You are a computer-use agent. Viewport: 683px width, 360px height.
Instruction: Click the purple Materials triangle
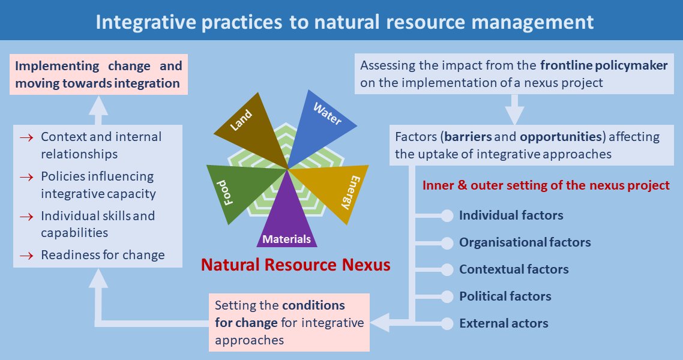coord(286,222)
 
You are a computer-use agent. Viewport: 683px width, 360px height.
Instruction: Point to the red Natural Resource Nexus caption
coord(295,265)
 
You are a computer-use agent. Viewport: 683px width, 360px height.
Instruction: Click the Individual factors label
coord(511,215)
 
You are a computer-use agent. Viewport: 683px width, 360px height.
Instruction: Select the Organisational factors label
coord(525,242)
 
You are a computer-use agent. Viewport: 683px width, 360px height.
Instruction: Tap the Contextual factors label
coord(514,269)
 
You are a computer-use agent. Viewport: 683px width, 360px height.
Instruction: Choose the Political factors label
coord(505,296)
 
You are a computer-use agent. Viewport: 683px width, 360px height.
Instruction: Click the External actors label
coord(504,323)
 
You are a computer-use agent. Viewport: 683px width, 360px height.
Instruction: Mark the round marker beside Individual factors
coord(447,215)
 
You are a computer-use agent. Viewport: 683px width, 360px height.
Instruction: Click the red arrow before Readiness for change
coord(26,256)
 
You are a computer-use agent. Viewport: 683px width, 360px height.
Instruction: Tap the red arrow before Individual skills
coord(26,216)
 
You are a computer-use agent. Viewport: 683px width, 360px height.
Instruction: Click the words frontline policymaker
coord(603,66)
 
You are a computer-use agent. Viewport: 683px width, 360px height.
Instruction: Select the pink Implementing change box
coord(99,74)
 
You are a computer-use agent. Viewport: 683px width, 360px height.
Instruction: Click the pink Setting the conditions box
coord(289,322)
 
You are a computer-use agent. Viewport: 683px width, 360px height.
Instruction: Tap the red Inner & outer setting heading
coord(546,185)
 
